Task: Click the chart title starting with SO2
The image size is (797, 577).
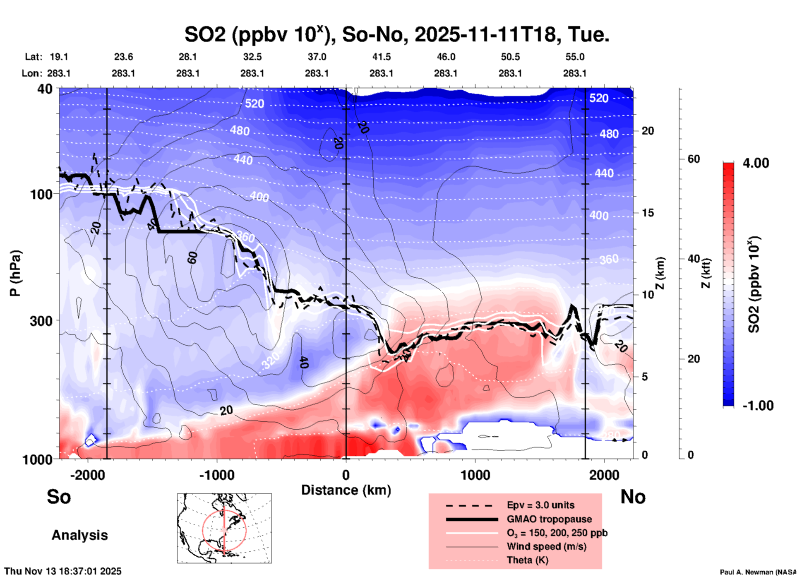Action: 396,35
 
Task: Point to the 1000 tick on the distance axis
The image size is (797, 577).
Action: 475,475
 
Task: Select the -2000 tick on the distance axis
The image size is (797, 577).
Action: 88,475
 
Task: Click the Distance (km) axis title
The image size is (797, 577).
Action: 346,490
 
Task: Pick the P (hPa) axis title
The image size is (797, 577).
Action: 15,273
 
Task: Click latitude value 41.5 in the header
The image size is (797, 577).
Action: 381,57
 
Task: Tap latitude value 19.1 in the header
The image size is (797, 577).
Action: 59,57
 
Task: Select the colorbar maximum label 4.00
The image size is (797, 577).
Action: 756,163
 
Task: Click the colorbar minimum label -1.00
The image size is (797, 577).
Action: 758,406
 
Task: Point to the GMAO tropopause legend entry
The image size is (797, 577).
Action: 549,519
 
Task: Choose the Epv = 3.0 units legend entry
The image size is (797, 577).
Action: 540,505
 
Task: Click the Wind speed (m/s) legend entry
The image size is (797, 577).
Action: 546,546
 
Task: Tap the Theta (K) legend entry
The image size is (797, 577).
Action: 527,560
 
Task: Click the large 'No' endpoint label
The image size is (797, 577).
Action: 633,497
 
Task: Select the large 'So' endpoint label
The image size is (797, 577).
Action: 59,497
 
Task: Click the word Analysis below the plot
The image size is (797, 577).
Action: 79,535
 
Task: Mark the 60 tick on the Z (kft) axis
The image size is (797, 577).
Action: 694,159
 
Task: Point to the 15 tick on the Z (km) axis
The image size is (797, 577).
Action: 648,213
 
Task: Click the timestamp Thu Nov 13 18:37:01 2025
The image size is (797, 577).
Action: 63,571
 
